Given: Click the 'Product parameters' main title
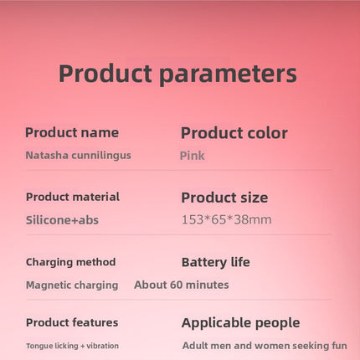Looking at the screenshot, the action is [x=177, y=74].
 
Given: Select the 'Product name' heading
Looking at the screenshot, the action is [x=72, y=132].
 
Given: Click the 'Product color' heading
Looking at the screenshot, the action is [x=234, y=133].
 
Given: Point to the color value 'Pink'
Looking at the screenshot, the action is [x=193, y=156].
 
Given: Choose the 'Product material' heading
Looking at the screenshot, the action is [x=73, y=197].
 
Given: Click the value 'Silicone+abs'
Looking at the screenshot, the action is [x=62, y=220].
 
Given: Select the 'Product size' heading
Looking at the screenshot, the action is [x=224, y=198].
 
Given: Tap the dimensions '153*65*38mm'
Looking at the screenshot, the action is [x=227, y=219].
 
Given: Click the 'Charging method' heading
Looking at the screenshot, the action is [x=70, y=262].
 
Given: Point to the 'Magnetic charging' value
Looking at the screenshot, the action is [x=72, y=285].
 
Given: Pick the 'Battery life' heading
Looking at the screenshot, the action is [x=216, y=262].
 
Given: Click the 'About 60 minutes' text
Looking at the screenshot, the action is [x=182, y=285].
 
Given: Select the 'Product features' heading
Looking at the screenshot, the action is [x=72, y=322].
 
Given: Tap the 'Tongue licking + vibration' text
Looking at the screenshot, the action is [x=72, y=346].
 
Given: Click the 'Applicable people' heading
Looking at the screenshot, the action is [x=240, y=323].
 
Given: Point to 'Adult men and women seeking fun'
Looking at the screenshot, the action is [x=265, y=346].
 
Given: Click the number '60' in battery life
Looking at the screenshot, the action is [x=176, y=285].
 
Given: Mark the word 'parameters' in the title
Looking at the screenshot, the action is [x=229, y=75].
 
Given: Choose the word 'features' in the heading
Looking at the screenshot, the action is [x=95, y=322].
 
